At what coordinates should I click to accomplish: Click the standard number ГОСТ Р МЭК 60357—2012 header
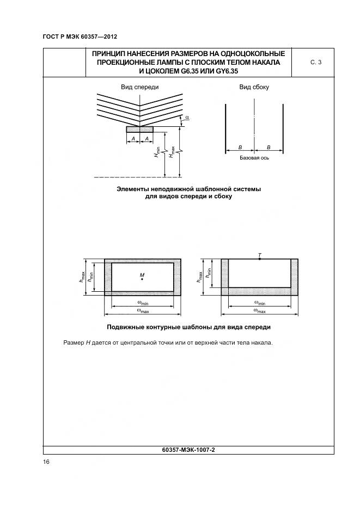[80, 37]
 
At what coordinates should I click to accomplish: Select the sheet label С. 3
[316, 63]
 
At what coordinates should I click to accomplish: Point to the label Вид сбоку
[254, 87]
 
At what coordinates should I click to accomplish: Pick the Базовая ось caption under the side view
[254, 158]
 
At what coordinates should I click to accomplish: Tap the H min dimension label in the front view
[157, 152]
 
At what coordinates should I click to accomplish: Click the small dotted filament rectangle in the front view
[140, 130]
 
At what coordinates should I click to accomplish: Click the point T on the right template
[260, 259]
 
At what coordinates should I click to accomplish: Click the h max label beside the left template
[82, 277]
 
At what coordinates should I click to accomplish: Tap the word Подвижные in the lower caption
[126, 327]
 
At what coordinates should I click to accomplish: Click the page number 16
[46, 462]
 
